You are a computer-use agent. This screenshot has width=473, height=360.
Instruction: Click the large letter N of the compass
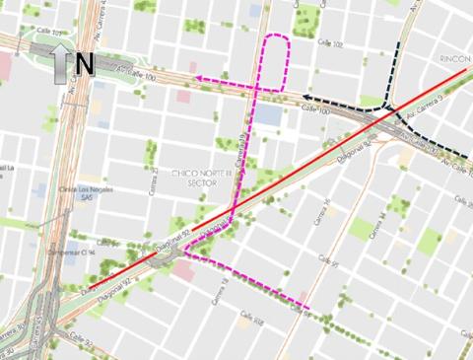pos(84,64)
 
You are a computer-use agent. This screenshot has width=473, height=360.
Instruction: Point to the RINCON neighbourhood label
pos(454,58)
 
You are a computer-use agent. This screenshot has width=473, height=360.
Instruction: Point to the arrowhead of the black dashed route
pos(306,98)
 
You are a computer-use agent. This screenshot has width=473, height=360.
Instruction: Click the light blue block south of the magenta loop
pos(267,115)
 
